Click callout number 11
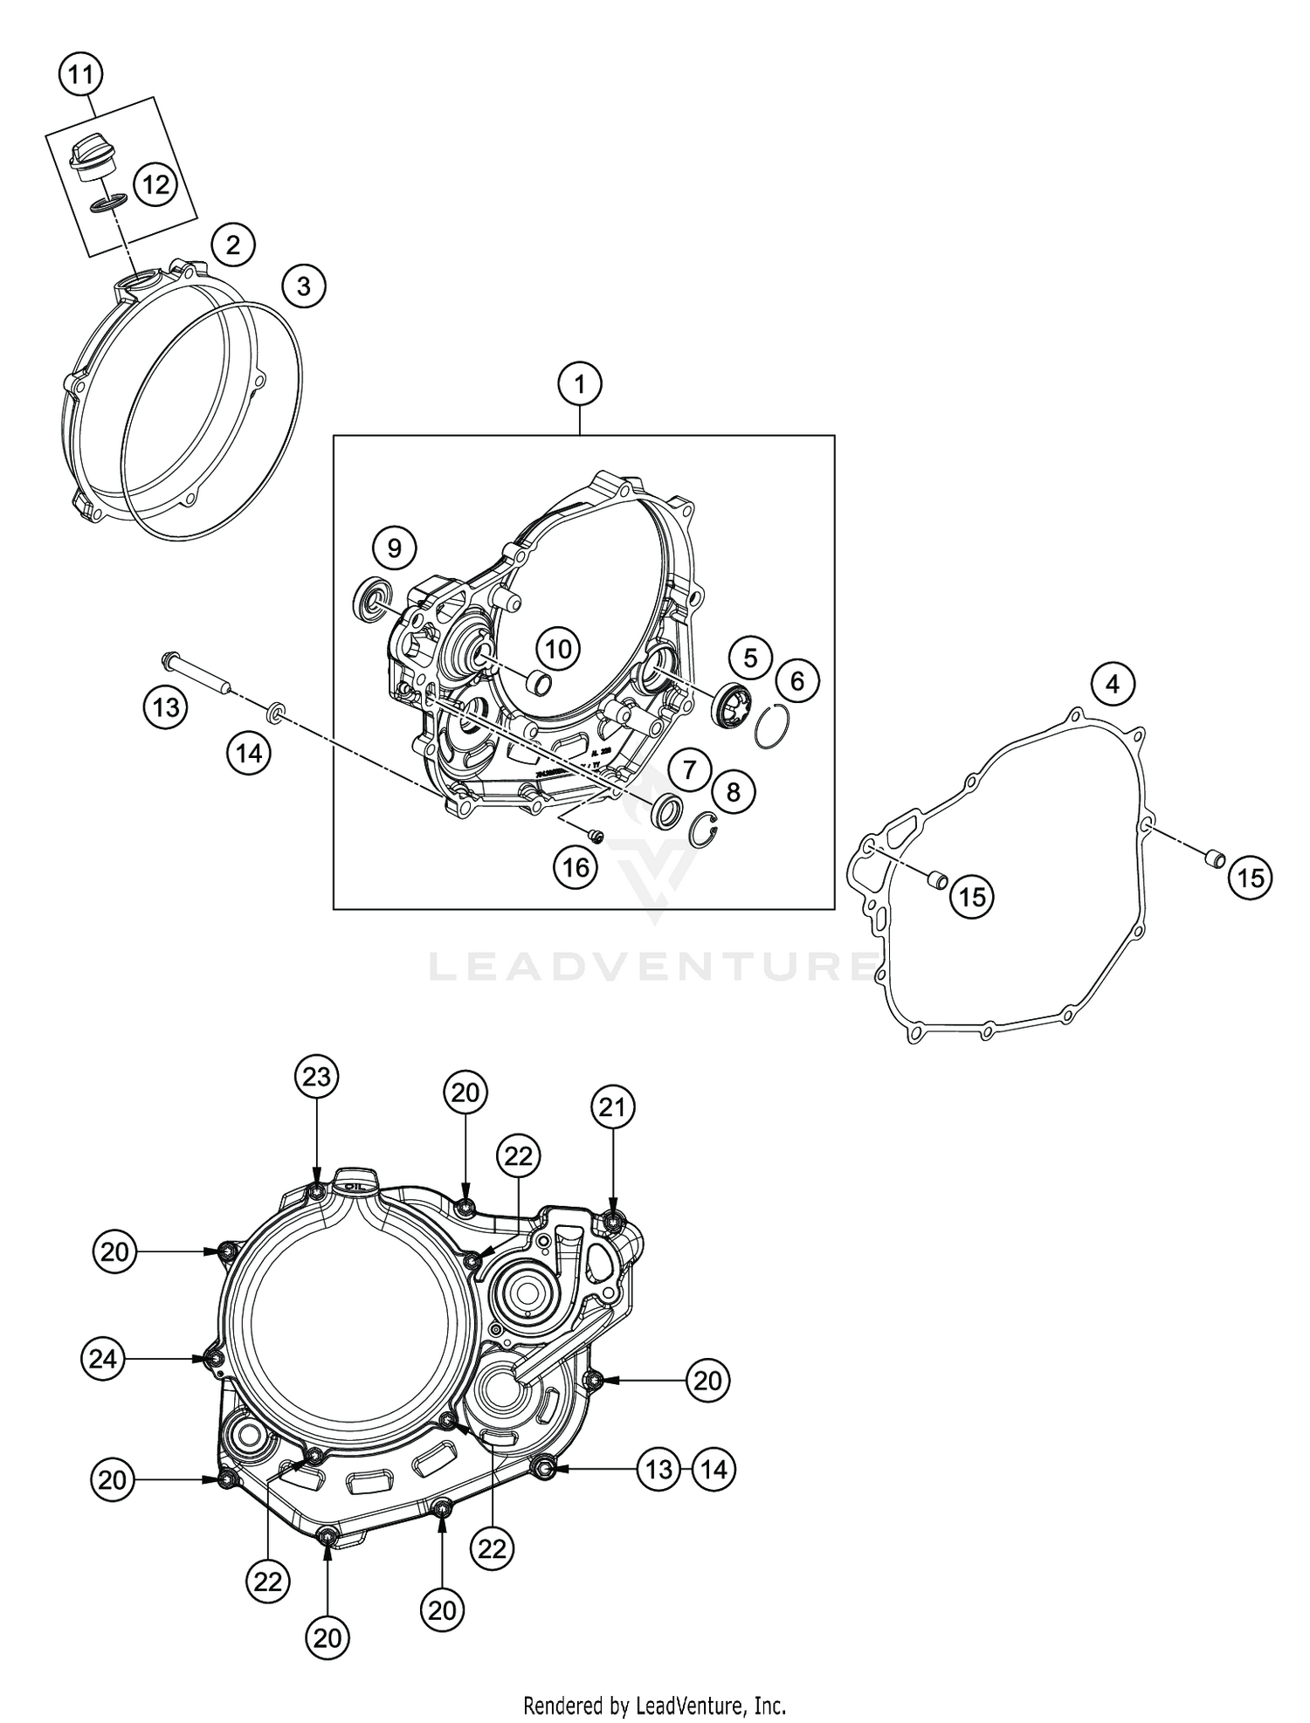pos(80,75)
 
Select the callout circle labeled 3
pos(303,286)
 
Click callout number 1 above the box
pos(581,384)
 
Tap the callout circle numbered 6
pos(796,680)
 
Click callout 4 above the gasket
pos(1112,684)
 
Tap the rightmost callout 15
pos(1251,878)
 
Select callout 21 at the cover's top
pos(612,1108)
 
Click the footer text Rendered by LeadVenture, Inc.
pos(654,1704)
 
